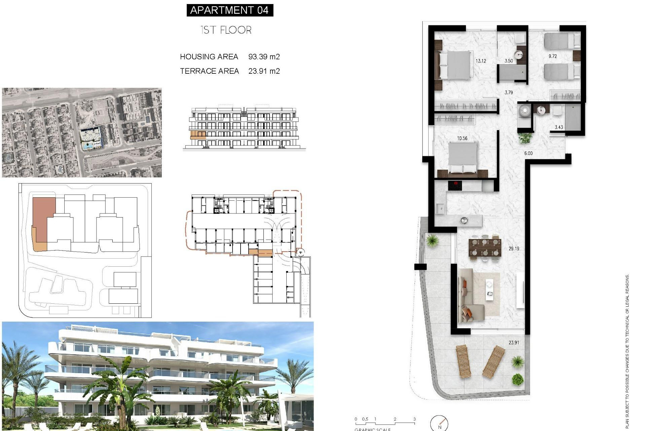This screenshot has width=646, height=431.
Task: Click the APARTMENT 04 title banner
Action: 230,10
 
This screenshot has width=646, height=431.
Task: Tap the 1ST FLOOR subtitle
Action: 226,30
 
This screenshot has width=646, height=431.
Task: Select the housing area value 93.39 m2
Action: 264,57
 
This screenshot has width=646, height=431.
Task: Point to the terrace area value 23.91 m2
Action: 264,71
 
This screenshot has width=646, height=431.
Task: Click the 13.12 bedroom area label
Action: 480,61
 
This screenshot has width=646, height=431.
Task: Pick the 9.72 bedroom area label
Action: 552,56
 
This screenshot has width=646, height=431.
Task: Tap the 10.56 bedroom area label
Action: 462,138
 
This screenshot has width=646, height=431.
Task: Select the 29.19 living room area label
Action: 514,248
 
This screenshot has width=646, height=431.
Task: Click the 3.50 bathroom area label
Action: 508,61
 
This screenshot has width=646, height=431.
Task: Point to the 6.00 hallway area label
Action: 528,153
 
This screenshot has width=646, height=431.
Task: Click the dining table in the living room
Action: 485,247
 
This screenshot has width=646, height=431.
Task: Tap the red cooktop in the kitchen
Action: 455,185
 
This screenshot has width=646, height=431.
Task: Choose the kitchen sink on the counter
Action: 440,209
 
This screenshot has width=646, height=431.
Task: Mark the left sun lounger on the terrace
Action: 463,361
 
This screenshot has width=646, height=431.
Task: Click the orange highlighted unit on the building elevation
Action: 198,135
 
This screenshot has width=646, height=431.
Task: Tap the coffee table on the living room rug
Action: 489,290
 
